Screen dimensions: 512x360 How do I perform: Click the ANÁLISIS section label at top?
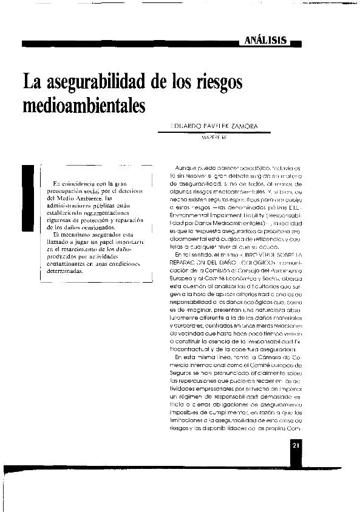(266, 40)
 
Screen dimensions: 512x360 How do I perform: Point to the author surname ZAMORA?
(243, 127)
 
